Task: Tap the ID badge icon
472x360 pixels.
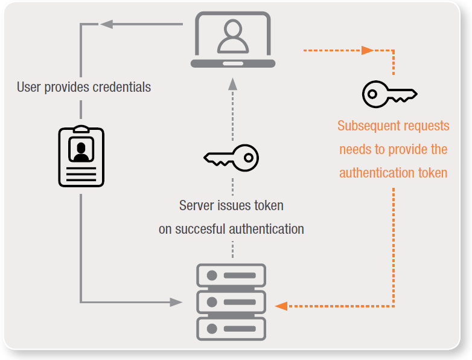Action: (80, 157)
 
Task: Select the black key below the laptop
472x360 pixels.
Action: (231, 158)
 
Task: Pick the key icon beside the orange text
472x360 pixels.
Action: (389, 94)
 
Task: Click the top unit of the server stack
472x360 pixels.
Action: (231, 275)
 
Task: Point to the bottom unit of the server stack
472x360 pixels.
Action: (231, 329)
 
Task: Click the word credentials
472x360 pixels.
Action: (121, 87)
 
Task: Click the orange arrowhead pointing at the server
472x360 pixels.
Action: (281, 306)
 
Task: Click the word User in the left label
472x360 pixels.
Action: (29, 87)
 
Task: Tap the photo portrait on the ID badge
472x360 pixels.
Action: (80, 149)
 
